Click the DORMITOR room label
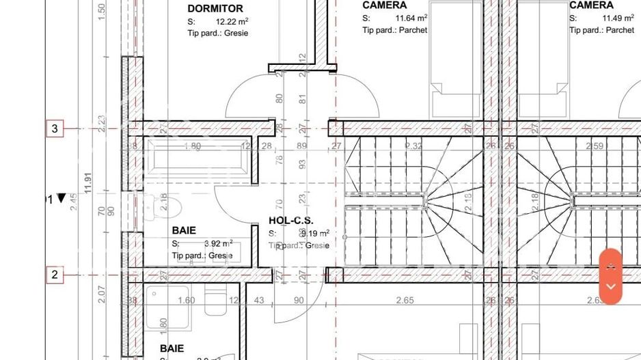[215, 9]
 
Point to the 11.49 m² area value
[617, 18]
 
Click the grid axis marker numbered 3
[55, 128]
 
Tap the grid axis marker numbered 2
[55, 275]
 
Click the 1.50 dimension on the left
[102, 10]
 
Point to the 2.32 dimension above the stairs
[413, 146]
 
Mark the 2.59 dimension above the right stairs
[595, 146]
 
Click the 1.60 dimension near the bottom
[187, 301]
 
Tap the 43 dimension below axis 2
[259, 301]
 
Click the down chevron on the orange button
[611, 287]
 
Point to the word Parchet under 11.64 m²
[413, 30]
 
